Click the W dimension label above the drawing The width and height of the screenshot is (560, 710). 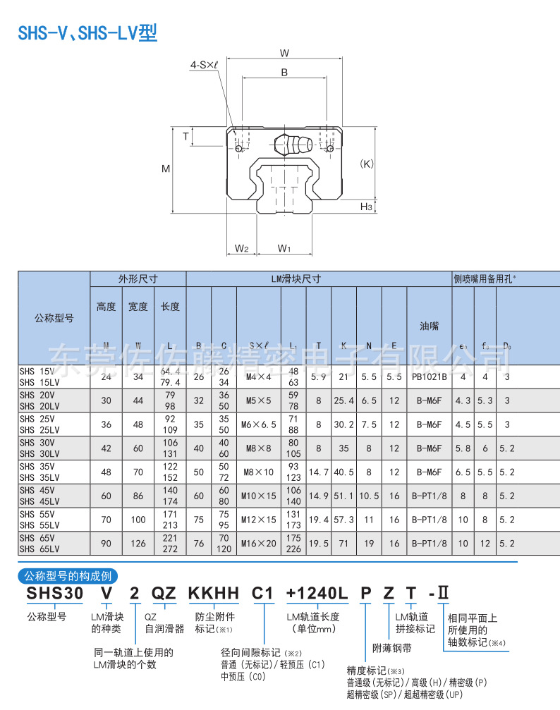click(x=284, y=53)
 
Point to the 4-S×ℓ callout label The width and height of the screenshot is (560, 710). click(x=205, y=65)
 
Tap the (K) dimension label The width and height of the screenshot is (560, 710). click(x=366, y=164)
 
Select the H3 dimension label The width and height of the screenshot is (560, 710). click(x=365, y=207)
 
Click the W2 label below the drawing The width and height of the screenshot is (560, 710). click(x=241, y=248)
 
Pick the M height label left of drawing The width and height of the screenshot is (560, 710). click(x=166, y=169)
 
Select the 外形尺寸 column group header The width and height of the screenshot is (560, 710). click(x=138, y=279)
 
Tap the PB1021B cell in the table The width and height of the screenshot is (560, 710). click(x=429, y=377)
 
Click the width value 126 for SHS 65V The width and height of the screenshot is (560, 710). click(x=138, y=543)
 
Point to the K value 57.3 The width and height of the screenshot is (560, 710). click(x=343, y=519)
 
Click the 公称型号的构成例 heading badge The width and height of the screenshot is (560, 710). click(x=67, y=576)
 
